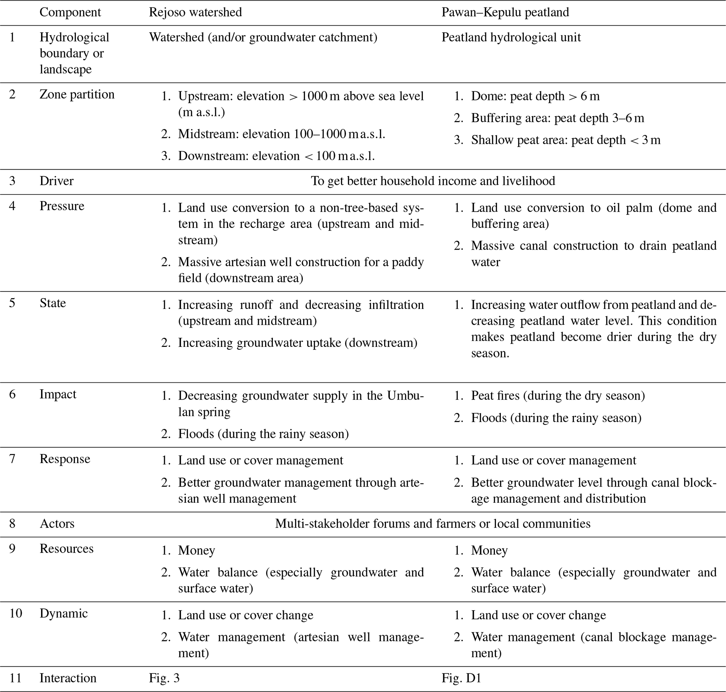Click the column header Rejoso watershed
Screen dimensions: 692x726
pyautogui.click(x=195, y=12)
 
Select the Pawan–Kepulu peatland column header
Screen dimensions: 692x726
pyautogui.click(x=505, y=12)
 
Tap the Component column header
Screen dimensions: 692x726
pyautogui.click(x=70, y=12)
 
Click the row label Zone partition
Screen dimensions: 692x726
pyautogui.click(x=77, y=94)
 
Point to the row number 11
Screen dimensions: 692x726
pyautogui.click(x=15, y=678)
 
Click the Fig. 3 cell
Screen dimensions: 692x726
pyautogui.click(x=164, y=678)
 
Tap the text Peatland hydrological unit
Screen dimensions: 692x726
pyautogui.click(x=511, y=37)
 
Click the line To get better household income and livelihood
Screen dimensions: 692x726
pyautogui.click(x=433, y=181)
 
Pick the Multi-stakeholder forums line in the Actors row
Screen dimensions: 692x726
pyautogui.click(x=433, y=523)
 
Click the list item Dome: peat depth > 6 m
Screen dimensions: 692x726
pyautogui.click(x=535, y=96)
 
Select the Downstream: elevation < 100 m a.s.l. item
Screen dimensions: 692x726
pyautogui.click(x=276, y=156)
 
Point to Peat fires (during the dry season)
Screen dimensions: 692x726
pyautogui.click(x=558, y=395)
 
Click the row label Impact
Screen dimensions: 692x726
pyautogui.click(x=58, y=394)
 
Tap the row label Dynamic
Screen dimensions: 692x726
pyautogui.click(x=64, y=613)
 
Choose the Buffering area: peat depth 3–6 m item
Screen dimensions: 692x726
pyautogui.click(x=557, y=118)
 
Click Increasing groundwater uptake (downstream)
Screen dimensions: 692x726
pyautogui.click(x=297, y=343)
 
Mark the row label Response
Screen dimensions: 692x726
pyautogui.click(x=65, y=459)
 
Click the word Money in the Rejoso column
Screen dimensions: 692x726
pyautogui.click(x=196, y=551)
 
